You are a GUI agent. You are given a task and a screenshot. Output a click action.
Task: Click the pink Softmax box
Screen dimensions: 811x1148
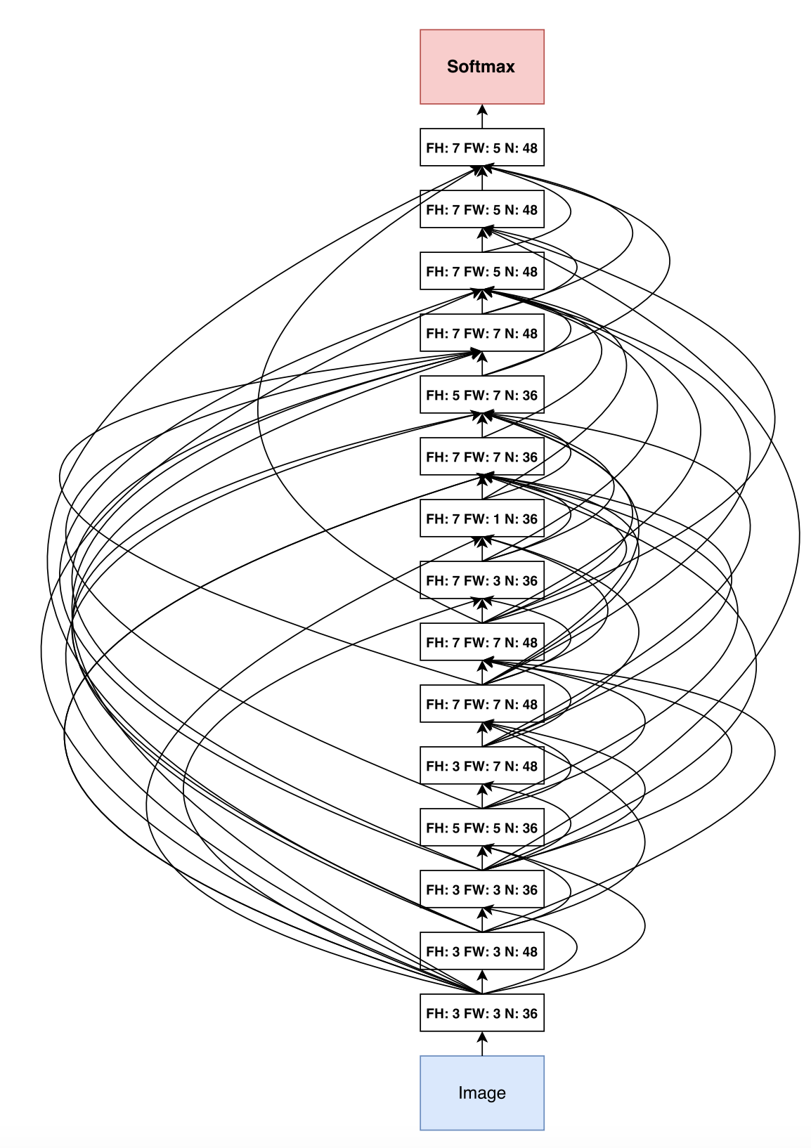[481, 67]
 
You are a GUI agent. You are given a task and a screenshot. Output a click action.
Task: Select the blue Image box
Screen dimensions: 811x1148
[481, 1092]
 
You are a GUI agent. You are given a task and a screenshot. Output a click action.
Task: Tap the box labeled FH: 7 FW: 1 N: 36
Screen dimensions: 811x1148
[481, 518]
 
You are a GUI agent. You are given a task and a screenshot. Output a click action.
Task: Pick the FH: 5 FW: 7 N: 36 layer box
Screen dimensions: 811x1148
[481, 395]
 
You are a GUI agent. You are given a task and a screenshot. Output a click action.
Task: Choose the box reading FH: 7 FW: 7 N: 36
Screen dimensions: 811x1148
[481, 457]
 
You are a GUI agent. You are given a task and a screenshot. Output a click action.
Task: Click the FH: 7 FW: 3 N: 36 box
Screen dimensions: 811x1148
[481, 580]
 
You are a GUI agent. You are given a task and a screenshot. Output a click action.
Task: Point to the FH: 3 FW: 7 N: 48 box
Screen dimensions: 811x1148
[481, 766]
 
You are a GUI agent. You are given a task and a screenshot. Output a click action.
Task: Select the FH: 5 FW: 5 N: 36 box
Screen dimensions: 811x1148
[481, 828]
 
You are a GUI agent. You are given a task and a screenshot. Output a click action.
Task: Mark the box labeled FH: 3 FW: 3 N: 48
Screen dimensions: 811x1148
[481, 951]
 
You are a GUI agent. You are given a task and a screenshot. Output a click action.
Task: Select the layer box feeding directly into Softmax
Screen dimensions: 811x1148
[481, 148]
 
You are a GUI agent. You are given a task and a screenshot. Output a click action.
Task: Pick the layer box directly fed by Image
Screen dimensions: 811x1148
[481, 1013]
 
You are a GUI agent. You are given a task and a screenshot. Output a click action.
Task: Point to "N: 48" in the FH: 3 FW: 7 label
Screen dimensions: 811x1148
[521, 766]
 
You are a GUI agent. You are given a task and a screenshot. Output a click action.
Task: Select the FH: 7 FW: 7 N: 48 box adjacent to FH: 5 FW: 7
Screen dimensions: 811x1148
[481, 333]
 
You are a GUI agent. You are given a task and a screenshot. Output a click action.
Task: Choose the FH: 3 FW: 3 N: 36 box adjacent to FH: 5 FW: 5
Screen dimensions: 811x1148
[481, 889]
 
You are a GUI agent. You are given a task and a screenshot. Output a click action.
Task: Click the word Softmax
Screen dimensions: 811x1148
[481, 67]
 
